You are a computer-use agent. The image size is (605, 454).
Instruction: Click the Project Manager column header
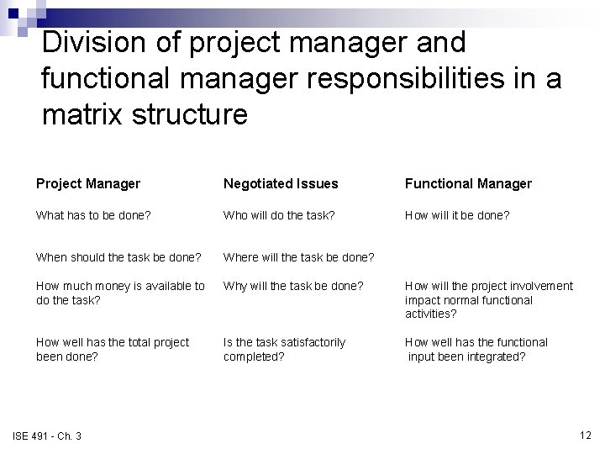pyautogui.click(x=87, y=183)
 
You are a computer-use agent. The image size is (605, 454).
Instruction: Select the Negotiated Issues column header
pyautogui.click(x=280, y=183)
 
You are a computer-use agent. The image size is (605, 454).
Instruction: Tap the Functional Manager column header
pyautogui.click(x=468, y=183)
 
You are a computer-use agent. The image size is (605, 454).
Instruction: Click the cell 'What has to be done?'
pyautogui.click(x=93, y=215)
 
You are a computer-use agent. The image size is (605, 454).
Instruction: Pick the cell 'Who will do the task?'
pyautogui.click(x=278, y=215)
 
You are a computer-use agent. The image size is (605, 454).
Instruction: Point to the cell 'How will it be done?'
pyautogui.click(x=457, y=215)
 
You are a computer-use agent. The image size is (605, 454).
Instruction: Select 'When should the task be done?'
pyautogui.click(x=118, y=256)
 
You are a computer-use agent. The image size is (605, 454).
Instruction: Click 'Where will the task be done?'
pyautogui.click(x=298, y=256)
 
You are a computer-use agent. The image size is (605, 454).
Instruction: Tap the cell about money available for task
pyautogui.click(x=120, y=293)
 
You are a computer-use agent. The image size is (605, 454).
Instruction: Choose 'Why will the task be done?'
pyautogui.click(x=292, y=286)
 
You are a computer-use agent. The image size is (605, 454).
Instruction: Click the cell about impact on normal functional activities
pyautogui.click(x=488, y=299)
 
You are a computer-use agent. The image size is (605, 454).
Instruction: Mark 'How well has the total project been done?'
pyautogui.click(x=113, y=349)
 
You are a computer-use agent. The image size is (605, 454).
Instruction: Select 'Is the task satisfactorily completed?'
pyautogui.click(x=284, y=349)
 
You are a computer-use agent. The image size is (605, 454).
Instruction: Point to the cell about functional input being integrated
pyautogui.click(x=476, y=349)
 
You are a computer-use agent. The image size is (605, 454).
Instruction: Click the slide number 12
pyautogui.click(x=585, y=435)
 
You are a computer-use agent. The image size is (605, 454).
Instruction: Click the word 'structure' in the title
pyautogui.click(x=193, y=113)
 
